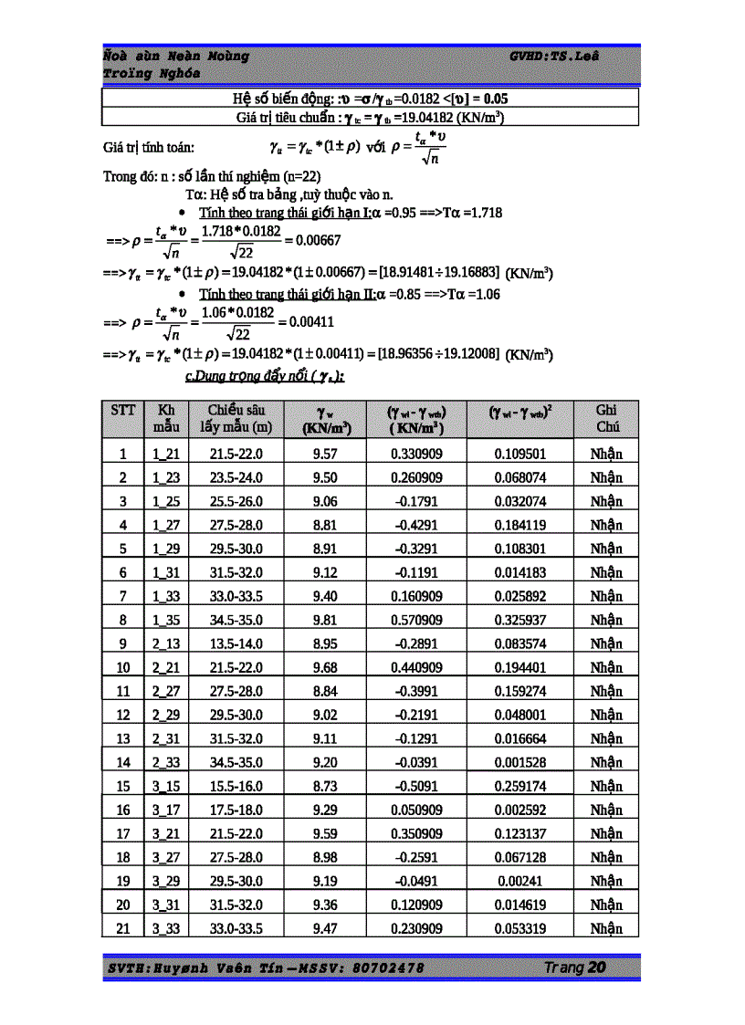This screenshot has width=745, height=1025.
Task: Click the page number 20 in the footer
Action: [597, 967]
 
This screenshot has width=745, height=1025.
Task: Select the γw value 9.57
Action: [325, 454]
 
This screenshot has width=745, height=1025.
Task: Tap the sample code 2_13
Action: [165, 643]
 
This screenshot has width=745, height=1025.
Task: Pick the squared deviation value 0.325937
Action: [520, 620]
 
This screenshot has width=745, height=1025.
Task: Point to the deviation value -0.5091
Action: [416, 786]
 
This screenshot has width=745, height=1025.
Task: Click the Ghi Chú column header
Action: [606, 418]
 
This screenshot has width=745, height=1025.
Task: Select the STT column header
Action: [122, 411]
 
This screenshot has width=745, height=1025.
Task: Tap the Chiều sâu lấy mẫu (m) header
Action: [239, 418]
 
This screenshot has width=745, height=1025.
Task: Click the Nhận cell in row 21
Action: [606, 928]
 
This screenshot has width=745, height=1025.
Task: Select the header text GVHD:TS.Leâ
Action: [554, 57]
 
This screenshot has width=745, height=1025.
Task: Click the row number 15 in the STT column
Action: [123, 786]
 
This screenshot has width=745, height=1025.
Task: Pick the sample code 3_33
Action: [165, 928]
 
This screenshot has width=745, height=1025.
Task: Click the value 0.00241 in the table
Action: [520, 881]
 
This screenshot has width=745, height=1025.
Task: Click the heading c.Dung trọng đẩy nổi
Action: [264, 376]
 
